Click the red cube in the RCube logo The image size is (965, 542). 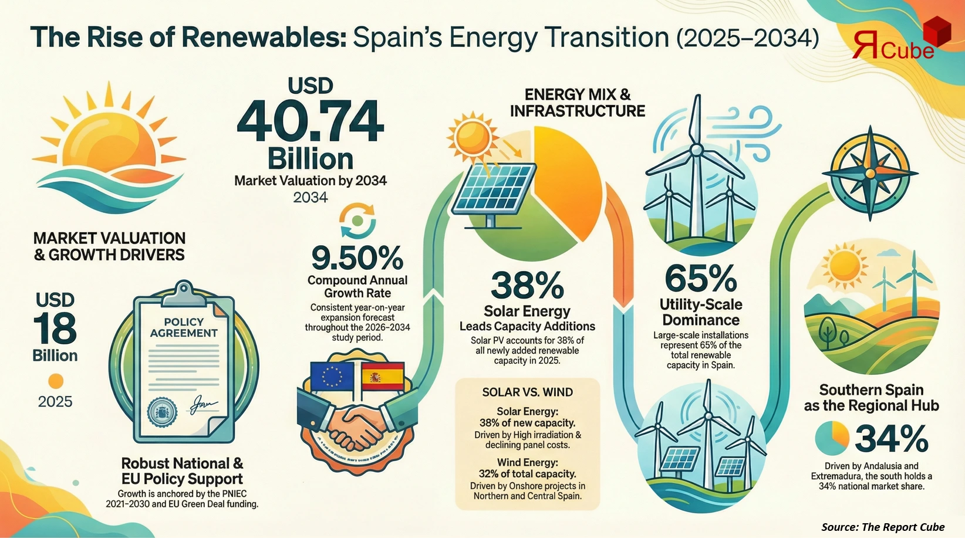936,32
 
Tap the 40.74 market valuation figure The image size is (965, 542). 311,121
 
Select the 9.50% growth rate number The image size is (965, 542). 357,256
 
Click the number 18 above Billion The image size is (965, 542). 55,328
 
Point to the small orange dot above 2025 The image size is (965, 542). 55,381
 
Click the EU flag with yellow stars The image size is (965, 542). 332,375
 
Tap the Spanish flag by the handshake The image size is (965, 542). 383,376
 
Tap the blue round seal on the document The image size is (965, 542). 160,413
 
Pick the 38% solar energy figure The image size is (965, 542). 527,285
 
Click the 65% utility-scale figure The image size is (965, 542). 700,278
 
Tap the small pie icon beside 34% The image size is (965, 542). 832,439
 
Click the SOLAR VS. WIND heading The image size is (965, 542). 527,392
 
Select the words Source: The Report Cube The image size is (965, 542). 882,527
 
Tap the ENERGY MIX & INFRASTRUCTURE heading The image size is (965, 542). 577,103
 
